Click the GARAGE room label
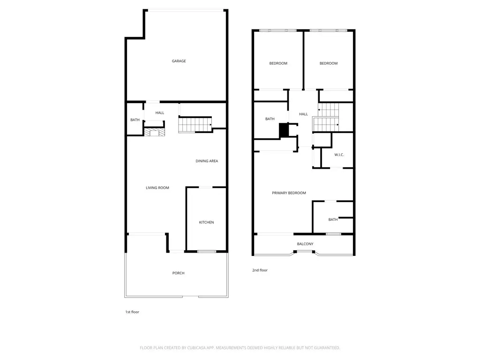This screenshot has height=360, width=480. click(179, 61)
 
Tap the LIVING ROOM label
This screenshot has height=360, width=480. click(157, 188)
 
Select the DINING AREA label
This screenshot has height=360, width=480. click(207, 161)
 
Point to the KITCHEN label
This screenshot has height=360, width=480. click(206, 222)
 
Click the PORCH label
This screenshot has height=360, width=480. click(178, 273)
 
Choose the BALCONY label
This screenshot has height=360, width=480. click(305, 244)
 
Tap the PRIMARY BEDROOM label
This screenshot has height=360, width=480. click(289, 193)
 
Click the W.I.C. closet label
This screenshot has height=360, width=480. click(339, 155)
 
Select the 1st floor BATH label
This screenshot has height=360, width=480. click(135, 120)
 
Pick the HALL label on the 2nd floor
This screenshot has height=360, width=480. click(303, 114)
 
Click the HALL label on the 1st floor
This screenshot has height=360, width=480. click(160, 113)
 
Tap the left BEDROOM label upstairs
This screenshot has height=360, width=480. click(278, 63)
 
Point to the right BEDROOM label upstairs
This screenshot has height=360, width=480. click(329, 63)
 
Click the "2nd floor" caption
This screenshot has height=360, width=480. click(260, 270)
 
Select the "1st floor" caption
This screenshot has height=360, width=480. click(132, 312)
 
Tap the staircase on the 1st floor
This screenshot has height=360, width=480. click(195, 125)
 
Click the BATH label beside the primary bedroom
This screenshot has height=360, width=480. click(333, 219)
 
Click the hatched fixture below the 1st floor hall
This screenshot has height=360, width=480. click(154, 132)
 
